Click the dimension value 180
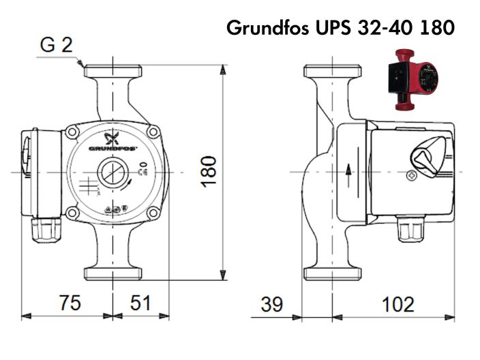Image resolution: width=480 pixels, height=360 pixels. (x=209, y=170)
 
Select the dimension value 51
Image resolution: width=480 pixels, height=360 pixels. (x=140, y=303)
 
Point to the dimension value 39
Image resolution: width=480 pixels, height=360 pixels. (x=271, y=305)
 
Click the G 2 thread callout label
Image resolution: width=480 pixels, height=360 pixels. (x=56, y=46)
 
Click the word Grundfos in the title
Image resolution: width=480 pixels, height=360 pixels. (x=267, y=29)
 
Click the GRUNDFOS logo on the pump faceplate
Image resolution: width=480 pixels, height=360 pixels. (x=112, y=146)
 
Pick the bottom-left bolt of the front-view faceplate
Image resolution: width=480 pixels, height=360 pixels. (x=72, y=213)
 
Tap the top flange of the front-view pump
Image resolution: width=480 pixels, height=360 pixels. (x=112, y=71)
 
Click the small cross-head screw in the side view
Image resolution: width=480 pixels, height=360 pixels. (x=412, y=175)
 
